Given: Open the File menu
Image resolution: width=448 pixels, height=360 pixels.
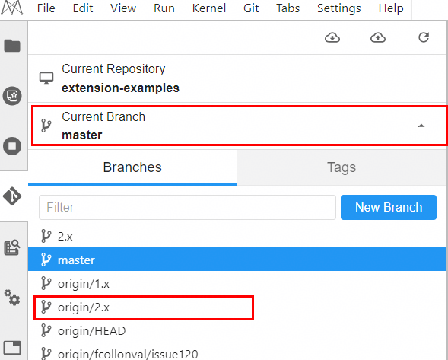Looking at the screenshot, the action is click(x=46, y=8).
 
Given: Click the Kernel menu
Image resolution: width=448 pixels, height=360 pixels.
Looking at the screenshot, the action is click(x=209, y=8).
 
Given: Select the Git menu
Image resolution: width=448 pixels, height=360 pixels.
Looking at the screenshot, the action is click(x=251, y=8).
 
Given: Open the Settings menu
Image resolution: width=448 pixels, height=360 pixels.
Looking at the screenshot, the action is click(x=339, y=8).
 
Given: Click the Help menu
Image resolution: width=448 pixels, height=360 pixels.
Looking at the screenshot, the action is click(x=391, y=8).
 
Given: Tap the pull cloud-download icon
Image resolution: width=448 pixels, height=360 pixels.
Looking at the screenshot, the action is click(x=332, y=37).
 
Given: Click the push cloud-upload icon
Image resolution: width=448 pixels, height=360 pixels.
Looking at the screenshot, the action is click(x=378, y=37).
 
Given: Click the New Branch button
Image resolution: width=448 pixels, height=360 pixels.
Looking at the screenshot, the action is click(x=389, y=207).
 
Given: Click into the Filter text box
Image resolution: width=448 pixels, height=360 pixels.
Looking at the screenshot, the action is click(x=187, y=207).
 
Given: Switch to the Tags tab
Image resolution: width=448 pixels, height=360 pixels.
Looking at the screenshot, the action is click(x=342, y=167).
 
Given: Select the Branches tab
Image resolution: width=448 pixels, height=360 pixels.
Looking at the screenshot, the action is click(x=132, y=167).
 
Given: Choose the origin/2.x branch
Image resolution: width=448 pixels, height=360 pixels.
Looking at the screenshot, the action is click(x=84, y=307).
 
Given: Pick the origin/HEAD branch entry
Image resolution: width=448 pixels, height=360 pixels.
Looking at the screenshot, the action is click(x=92, y=331).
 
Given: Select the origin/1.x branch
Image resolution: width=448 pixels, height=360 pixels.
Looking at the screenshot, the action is click(x=84, y=284).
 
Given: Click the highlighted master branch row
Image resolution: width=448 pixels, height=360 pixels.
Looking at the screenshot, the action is click(x=237, y=260).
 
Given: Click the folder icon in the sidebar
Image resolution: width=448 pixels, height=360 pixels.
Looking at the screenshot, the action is click(x=12, y=46).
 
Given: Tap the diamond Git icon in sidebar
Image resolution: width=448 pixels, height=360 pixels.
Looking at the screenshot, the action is click(x=12, y=196).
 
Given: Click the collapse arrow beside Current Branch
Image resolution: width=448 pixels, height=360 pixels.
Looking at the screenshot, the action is click(x=421, y=126).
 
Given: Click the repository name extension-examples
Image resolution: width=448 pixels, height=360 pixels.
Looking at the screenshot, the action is click(x=121, y=88).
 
